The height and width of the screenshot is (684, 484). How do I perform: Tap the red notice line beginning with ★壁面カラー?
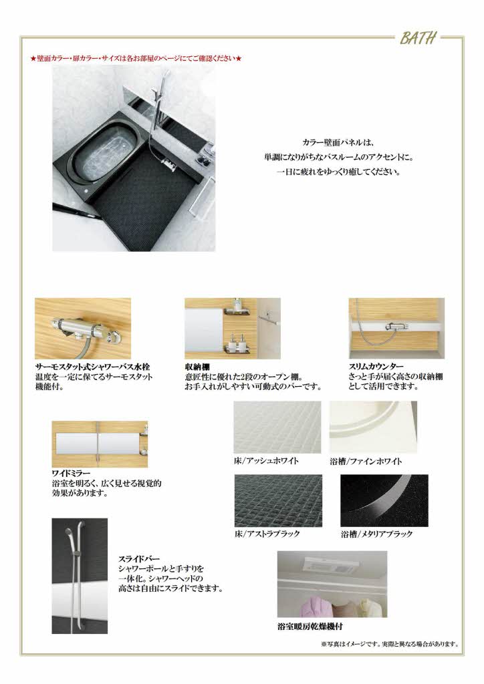tap(136, 59)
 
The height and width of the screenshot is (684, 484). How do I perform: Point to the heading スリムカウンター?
tap(376, 367)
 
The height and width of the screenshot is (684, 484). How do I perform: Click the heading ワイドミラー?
tap(72, 473)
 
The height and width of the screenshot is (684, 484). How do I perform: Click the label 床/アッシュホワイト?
tap(266, 461)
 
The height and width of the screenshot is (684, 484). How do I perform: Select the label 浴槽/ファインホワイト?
tap(366, 461)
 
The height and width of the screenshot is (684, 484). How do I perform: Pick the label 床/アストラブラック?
tap(267, 534)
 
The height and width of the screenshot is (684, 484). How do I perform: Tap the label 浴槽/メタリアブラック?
tap(376, 534)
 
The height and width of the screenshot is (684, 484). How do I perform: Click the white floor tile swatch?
tap(277, 427)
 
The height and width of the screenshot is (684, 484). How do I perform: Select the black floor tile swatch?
tap(278, 500)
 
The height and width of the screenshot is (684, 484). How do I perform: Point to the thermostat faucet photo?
tap(82, 329)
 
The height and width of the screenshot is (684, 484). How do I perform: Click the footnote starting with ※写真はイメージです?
tap(390, 645)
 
